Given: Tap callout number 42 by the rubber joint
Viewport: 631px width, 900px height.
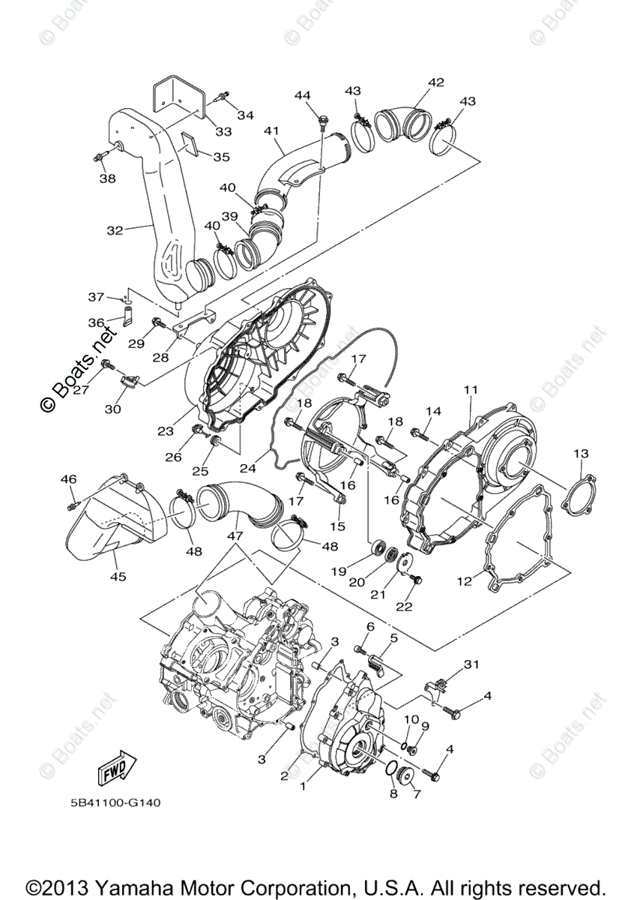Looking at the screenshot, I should pyautogui.click(x=436, y=82).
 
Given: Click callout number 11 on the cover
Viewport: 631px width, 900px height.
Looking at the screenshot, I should pyautogui.click(x=470, y=390).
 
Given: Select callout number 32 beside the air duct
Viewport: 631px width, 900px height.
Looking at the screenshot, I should pyautogui.click(x=114, y=231).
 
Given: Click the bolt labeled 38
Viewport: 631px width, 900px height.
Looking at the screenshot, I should pyautogui.click(x=102, y=157).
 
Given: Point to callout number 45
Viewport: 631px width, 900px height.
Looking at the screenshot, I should pyautogui.click(x=118, y=577).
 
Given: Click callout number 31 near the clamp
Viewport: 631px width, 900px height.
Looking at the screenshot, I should pyautogui.click(x=471, y=664).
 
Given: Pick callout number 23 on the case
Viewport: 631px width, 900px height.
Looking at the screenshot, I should pyautogui.click(x=166, y=431).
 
